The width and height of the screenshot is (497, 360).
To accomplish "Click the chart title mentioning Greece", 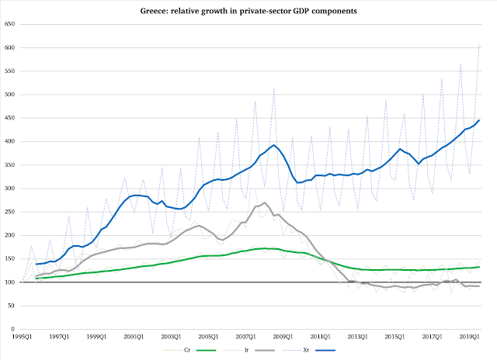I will tap(248, 13).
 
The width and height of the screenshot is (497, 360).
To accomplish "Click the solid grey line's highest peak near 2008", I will tap(265, 203).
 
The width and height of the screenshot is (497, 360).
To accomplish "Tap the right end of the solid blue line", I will tap(479, 120).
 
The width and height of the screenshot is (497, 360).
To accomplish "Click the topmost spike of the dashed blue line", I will tap(479, 44).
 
